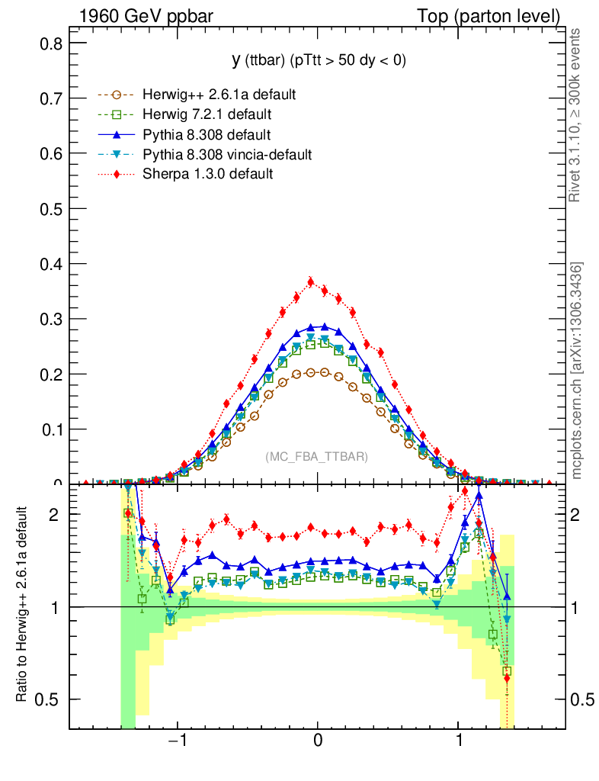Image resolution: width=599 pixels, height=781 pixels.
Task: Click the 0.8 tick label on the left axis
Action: point(51,44)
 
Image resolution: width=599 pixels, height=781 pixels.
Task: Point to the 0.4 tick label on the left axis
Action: point(51,264)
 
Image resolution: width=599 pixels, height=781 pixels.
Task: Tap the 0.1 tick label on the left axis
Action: point(51,429)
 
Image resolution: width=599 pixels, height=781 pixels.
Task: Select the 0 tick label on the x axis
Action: point(319,742)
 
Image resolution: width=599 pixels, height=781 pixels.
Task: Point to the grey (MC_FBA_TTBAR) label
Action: point(317,457)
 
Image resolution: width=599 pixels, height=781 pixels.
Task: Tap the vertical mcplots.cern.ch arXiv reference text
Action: point(577,371)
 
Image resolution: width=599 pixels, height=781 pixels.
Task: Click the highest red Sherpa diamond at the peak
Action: point(311,282)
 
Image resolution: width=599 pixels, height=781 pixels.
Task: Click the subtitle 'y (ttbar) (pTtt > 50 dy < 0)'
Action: point(319,61)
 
